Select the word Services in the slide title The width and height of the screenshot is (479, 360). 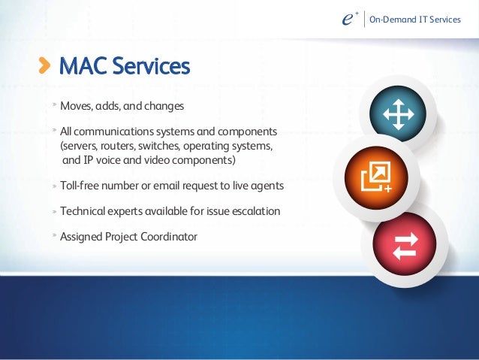pyautogui.click(x=151, y=66)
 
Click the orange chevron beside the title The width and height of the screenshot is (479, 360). pyautogui.click(x=46, y=66)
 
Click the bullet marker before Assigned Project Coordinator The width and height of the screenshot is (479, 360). pyautogui.click(x=54, y=236)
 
